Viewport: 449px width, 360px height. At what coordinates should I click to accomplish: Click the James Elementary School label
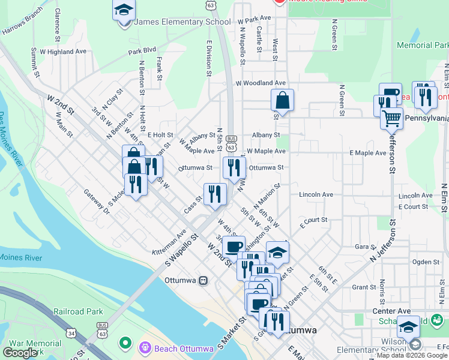[182, 22]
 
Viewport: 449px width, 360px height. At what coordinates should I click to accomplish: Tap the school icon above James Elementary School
[124, 10]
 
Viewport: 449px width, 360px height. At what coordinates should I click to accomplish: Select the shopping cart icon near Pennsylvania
[391, 118]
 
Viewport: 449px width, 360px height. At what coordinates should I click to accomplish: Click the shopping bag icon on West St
[282, 100]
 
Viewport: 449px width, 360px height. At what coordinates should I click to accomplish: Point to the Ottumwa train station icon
[203, 280]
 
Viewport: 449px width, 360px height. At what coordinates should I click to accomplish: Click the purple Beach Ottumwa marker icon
[144, 347]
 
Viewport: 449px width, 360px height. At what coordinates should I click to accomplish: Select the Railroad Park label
[78, 311]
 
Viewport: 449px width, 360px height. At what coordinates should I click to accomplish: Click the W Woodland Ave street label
[261, 83]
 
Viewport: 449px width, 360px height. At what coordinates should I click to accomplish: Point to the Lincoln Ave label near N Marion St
[316, 195]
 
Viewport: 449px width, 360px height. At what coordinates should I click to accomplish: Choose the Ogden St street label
[426, 262]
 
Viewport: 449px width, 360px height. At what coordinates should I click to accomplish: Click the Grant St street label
[364, 287]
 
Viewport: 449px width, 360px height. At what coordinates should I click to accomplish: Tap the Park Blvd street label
[142, 52]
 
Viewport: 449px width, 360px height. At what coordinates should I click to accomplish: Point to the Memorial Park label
[423, 45]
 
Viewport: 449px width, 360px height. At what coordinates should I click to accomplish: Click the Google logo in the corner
[20, 352]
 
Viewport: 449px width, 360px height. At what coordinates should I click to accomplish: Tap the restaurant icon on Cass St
[214, 193]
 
